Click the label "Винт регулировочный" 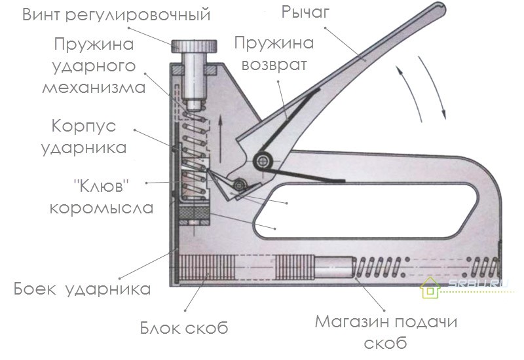click(x=117, y=15)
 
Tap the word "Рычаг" click(x=305, y=12)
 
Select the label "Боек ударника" click(x=82, y=289)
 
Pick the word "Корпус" click(x=84, y=127)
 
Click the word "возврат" click(x=274, y=64)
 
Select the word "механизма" click(x=94, y=88)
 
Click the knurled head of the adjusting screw click(x=194, y=46)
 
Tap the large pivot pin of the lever click(x=264, y=161)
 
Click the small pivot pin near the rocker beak click(x=240, y=185)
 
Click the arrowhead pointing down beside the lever click(x=443, y=115)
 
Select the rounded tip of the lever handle click(x=440, y=9)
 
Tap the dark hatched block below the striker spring click(x=194, y=211)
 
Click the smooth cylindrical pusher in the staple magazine click(x=334, y=268)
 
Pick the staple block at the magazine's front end click(x=206, y=268)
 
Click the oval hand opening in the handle click(x=365, y=211)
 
